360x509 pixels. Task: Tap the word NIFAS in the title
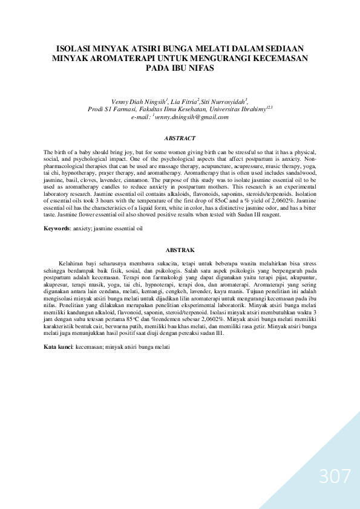pyautogui.click(x=199, y=68)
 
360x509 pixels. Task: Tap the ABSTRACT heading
pyautogui.click(x=180, y=138)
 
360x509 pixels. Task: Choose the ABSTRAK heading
pyautogui.click(x=180, y=249)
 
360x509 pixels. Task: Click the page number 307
pyautogui.click(x=335, y=477)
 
